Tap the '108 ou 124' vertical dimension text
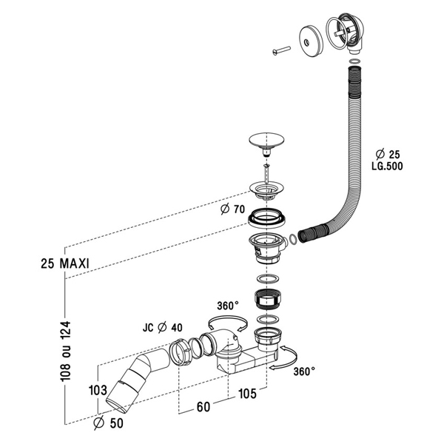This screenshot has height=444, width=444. pyautogui.click(x=66, y=351)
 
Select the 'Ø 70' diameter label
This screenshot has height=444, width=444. pyautogui.click(x=232, y=209)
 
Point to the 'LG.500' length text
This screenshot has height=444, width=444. pyautogui.click(x=387, y=166)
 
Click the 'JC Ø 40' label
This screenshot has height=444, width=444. pyautogui.click(x=163, y=328)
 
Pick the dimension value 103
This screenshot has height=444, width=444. pyautogui.click(x=98, y=391)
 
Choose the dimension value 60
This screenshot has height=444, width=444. pyautogui.click(x=203, y=407)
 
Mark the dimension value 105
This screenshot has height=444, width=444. pyautogui.click(x=247, y=394)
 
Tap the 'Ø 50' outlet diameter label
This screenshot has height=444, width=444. pyautogui.click(x=109, y=423)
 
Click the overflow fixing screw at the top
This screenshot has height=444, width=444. pyautogui.click(x=282, y=50)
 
